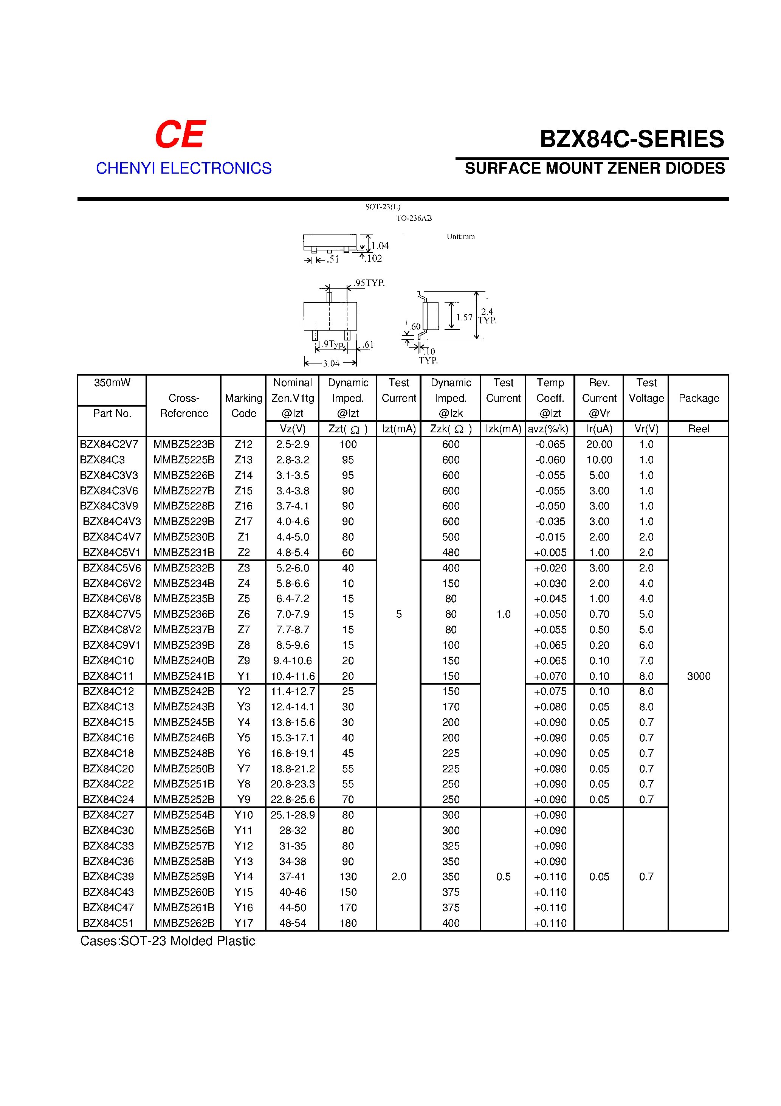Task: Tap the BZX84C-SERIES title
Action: (x=632, y=139)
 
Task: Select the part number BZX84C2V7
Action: (x=109, y=444)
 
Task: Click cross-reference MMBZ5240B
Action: (x=184, y=660)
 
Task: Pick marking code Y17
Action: (x=244, y=923)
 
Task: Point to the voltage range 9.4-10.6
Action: (x=293, y=660)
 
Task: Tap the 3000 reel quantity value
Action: (x=699, y=676)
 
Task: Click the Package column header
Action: (x=699, y=398)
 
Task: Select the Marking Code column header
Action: (x=244, y=405)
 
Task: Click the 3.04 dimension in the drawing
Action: (x=331, y=363)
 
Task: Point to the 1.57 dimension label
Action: (x=465, y=317)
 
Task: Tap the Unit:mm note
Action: (x=460, y=236)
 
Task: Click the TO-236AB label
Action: (x=414, y=218)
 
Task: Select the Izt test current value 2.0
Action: (x=399, y=877)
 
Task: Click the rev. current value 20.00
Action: (x=599, y=444)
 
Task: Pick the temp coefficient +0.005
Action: (x=550, y=553)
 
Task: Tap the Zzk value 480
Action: (x=451, y=553)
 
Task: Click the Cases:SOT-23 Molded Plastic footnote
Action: (x=167, y=941)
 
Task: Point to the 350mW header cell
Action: (x=112, y=382)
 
